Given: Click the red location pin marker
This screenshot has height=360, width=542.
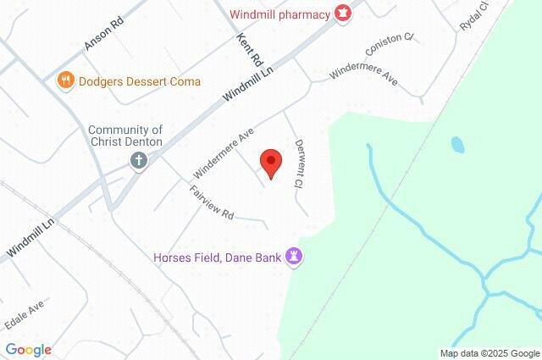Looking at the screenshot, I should [270, 161].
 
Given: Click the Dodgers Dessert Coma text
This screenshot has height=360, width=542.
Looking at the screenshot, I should [139, 81].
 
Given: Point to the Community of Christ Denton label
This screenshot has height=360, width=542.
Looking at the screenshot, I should [127, 135].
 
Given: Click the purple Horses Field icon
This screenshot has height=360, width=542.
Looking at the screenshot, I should [295, 256].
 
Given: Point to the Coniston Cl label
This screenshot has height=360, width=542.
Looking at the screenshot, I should [389, 44].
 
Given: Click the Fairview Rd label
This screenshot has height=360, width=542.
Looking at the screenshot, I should [212, 204].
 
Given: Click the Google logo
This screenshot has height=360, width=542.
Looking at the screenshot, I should [28, 350].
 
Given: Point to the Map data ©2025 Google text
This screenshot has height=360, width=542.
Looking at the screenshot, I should [489, 353].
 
